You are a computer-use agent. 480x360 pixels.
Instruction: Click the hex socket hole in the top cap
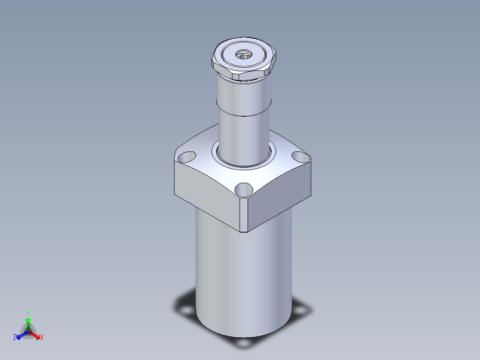pos(244,55)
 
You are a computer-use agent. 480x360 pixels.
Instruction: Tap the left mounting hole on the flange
pos(187,157)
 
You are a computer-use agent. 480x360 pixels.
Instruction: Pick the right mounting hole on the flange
pos(301,157)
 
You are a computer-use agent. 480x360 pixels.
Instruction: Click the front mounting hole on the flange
pos(244,190)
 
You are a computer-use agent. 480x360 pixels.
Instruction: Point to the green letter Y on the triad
pos(28,314)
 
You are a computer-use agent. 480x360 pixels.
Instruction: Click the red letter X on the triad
pos(42,337)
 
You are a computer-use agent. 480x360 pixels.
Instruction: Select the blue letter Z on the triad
pos(15,337)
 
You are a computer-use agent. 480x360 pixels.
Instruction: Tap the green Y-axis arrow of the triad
pos(28,324)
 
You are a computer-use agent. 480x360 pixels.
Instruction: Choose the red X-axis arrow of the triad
pos(34,335)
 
